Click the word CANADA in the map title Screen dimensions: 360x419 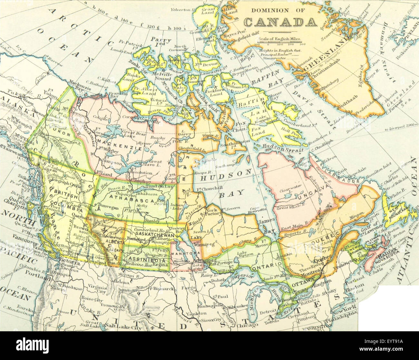click(280, 22)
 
